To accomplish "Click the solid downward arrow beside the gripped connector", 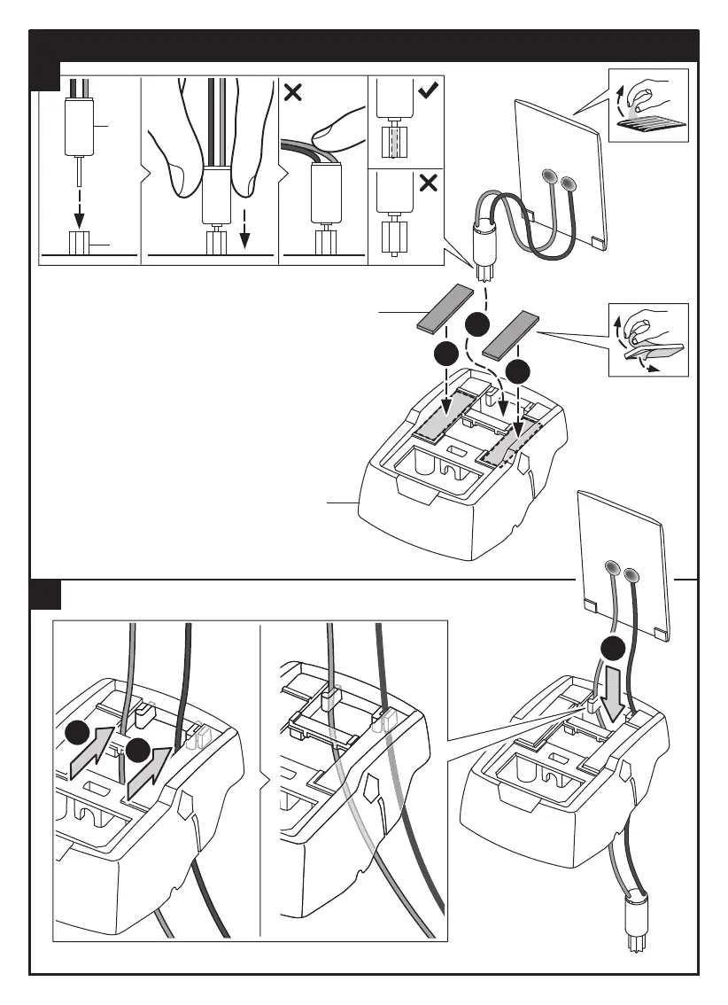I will click(245, 236).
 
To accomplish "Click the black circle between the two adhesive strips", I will click(479, 323).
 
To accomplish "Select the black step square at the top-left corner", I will click(44, 75).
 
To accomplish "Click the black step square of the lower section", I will click(44, 594).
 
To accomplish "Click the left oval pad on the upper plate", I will click(546, 177).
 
